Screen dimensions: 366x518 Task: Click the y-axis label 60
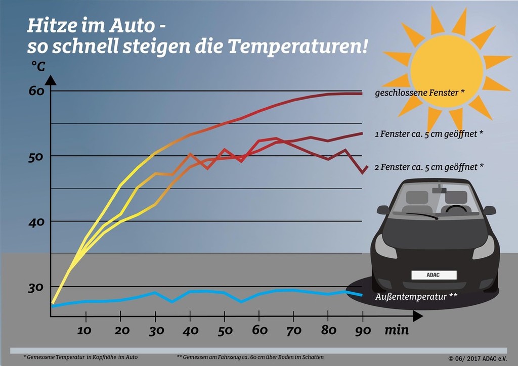[x=36, y=91]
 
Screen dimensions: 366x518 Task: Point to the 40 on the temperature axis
[x=36, y=221]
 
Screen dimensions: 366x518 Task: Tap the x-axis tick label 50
[x=225, y=331]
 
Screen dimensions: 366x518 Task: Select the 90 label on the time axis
[x=363, y=331]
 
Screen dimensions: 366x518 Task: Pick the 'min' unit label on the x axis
[x=397, y=331]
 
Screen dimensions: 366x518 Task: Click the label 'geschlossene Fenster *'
[x=420, y=93]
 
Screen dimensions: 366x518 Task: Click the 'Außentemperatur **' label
[x=416, y=297]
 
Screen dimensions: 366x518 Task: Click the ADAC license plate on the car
[x=434, y=275]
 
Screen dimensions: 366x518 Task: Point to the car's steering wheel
[x=456, y=208]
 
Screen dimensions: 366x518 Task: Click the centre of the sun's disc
[x=447, y=68]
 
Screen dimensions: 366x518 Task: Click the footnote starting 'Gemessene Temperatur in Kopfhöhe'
[x=80, y=357]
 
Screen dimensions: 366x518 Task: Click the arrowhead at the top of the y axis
[x=51, y=79]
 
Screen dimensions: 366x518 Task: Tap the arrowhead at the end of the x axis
[x=417, y=316]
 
